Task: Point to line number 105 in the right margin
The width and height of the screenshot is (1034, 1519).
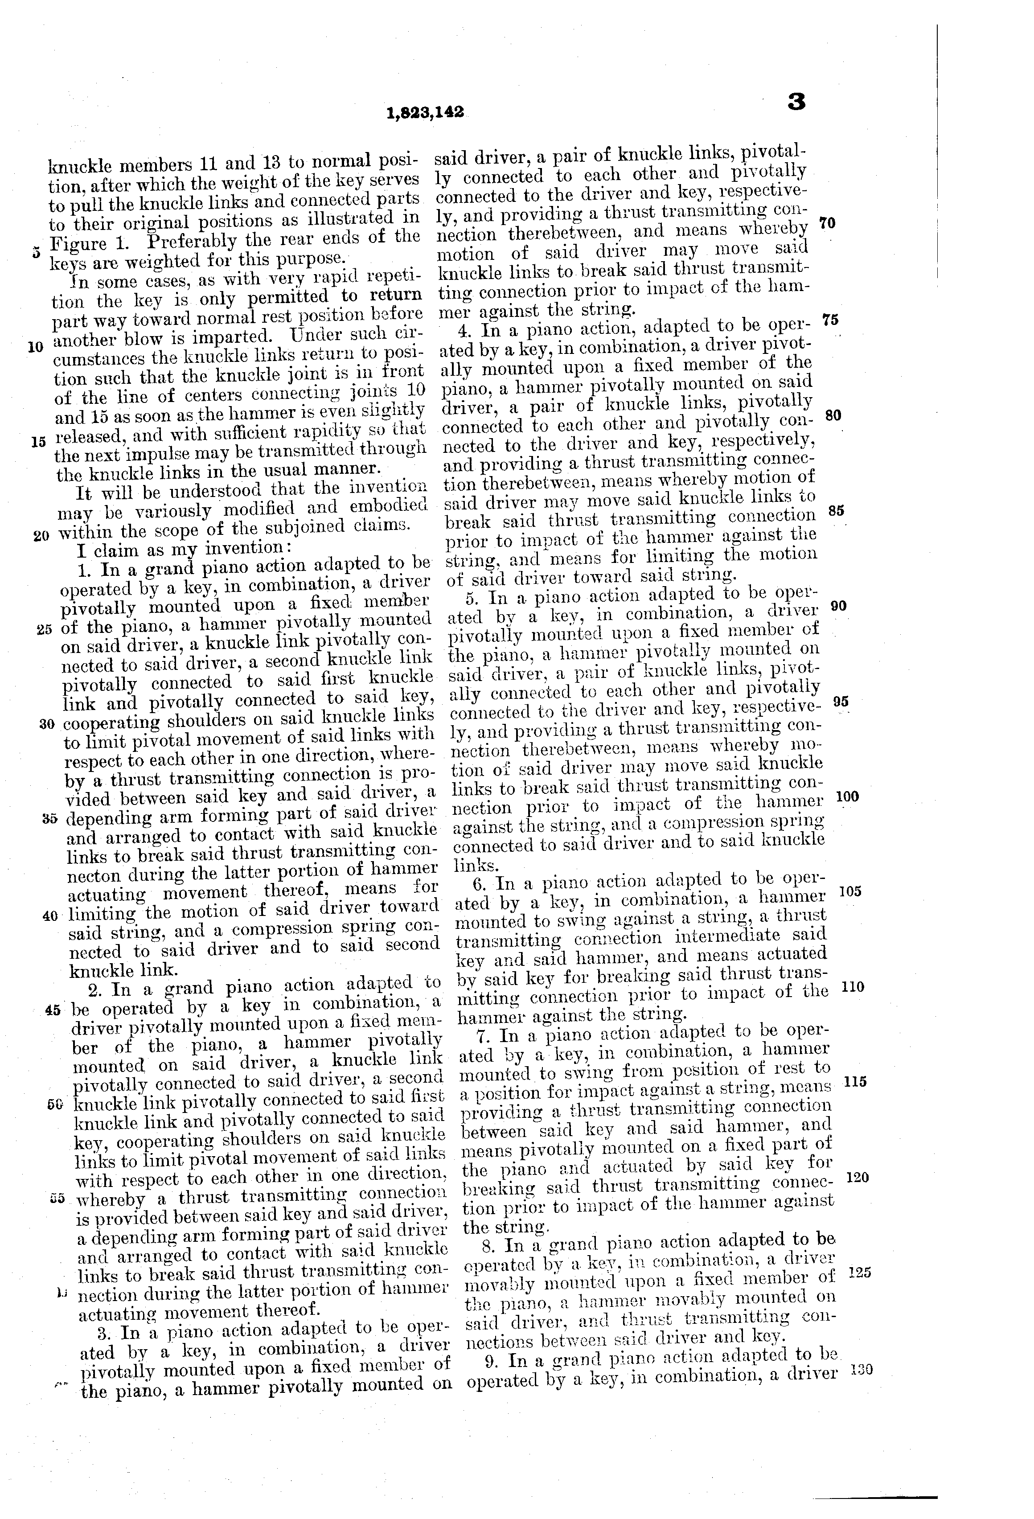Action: (850, 891)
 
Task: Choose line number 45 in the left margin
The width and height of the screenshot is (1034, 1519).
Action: (53, 1010)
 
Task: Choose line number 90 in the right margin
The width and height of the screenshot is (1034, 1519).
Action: (839, 606)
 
